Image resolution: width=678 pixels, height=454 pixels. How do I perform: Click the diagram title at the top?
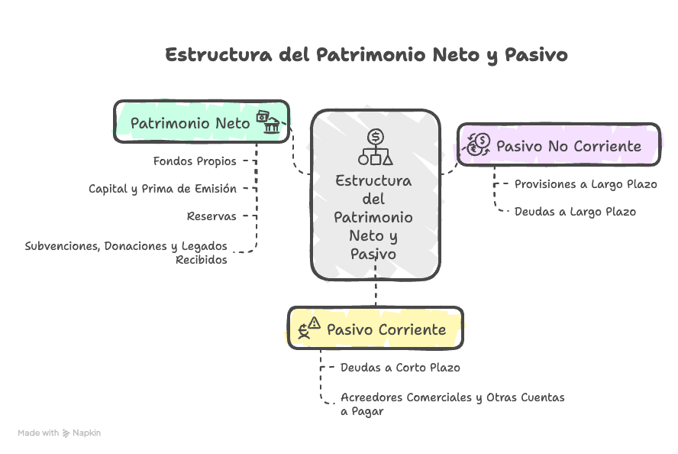point(366,55)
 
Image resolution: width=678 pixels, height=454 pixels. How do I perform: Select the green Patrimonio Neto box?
point(202,122)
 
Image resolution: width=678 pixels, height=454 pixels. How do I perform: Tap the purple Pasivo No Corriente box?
point(559,144)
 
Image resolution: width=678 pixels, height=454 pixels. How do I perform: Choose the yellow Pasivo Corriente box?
point(376,328)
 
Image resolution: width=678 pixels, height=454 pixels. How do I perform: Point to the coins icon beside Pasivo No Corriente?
point(478,144)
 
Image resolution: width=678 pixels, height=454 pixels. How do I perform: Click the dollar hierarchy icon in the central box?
point(376,148)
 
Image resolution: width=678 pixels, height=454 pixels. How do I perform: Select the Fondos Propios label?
point(195,161)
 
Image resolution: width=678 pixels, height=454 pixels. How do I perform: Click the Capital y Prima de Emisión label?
point(163,189)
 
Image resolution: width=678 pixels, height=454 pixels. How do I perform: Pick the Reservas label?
point(211,216)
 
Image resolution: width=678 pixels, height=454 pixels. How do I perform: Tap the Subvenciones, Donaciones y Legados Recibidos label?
point(126,253)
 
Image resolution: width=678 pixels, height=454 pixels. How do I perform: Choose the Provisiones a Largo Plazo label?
point(586,184)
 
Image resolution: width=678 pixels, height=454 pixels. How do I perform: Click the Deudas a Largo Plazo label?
point(575,212)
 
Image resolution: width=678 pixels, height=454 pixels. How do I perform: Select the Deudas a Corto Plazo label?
point(400,368)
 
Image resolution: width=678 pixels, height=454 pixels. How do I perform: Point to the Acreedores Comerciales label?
point(452,404)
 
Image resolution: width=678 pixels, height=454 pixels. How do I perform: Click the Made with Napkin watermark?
point(60,433)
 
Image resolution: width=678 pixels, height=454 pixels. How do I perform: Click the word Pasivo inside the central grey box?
point(373,254)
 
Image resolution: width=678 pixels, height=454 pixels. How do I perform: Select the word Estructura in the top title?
point(219,55)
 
